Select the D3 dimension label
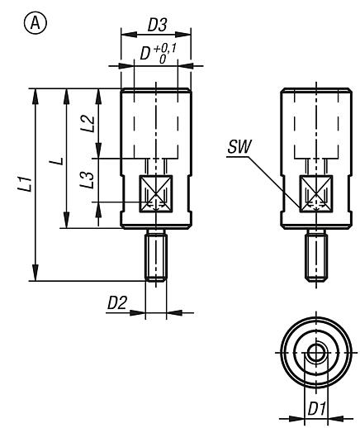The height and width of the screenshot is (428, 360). point(156,26)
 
